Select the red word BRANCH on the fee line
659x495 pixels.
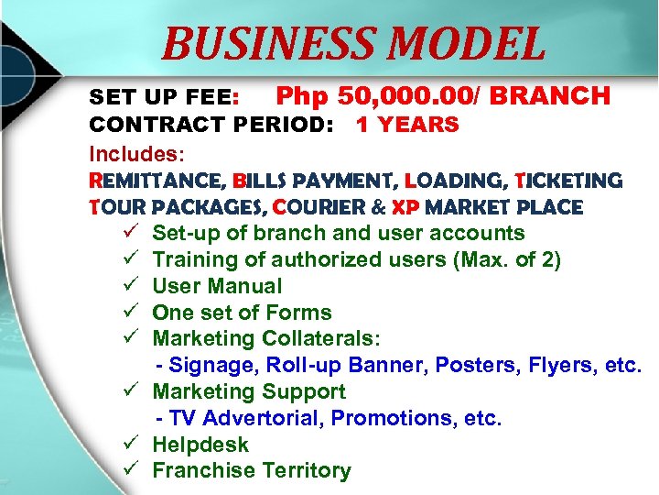[x=556, y=95]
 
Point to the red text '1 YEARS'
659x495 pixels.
[x=407, y=125]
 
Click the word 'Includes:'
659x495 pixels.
[x=129, y=151]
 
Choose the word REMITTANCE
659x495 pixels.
[x=156, y=181]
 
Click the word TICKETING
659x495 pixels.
[x=568, y=181]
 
